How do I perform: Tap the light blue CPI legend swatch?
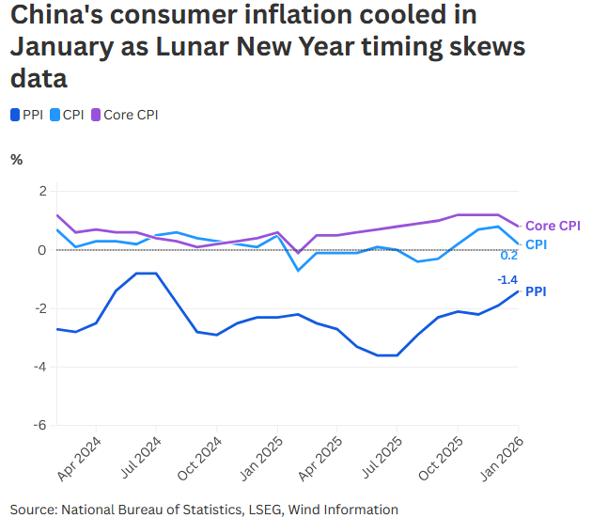point(53,115)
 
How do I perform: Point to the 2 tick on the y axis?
point(41,191)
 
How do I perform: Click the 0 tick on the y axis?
point(41,250)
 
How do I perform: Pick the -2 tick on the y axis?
point(39,308)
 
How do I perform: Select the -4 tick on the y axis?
point(39,367)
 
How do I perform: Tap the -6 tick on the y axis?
point(39,425)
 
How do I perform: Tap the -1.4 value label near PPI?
point(507,279)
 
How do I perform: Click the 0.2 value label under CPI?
point(508,256)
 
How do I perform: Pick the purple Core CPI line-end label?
point(552,226)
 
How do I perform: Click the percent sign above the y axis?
point(16,159)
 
